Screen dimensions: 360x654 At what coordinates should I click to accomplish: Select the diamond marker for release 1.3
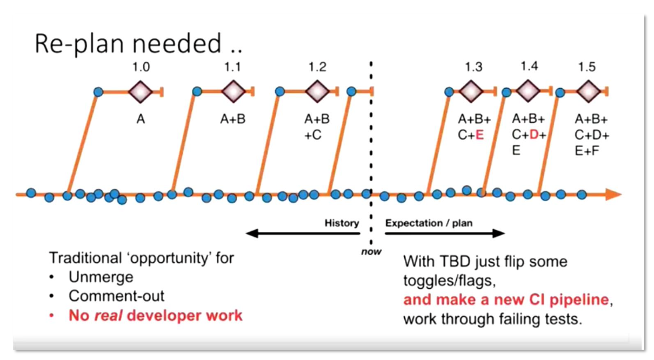tap(471, 91)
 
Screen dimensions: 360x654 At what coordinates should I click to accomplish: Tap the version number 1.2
tap(317, 68)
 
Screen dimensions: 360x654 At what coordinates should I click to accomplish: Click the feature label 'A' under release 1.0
tap(140, 119)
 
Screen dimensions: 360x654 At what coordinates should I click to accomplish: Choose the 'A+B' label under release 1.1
tap(233, 119)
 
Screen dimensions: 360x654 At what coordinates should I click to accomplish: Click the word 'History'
tap(342, 223)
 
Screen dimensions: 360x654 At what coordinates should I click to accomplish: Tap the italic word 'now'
tap(371, 252)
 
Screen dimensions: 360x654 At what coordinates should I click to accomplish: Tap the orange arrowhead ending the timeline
tap(613, 195)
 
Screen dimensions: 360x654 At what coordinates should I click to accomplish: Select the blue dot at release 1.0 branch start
tap(98, 92)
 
